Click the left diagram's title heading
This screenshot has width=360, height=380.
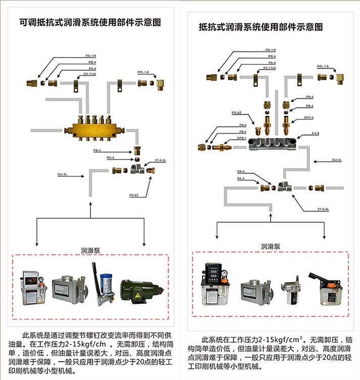[89, 23]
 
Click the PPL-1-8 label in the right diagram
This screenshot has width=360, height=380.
[323, 66]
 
